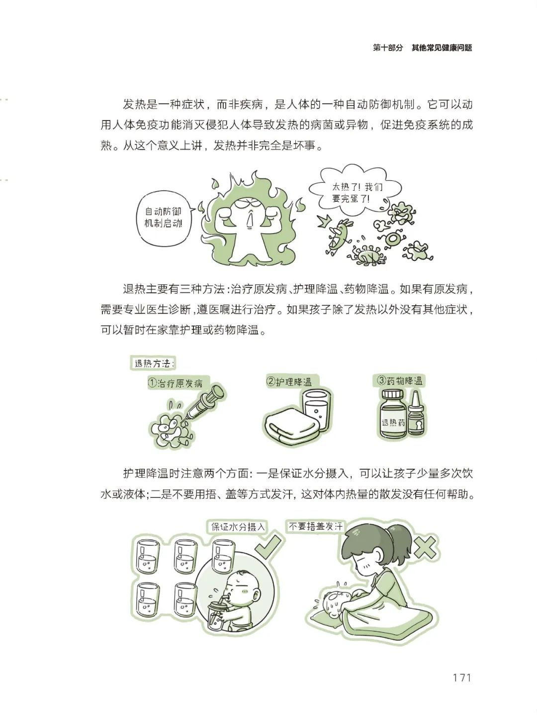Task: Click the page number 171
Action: pyautogui.click(x=461, y=678)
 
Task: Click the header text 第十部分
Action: pyautogui.click(x=387, y=48)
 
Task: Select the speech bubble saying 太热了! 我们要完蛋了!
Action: pyautogui.click(x=354, y=194)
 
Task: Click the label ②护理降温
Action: pyautogui.click(x=289, y=382)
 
